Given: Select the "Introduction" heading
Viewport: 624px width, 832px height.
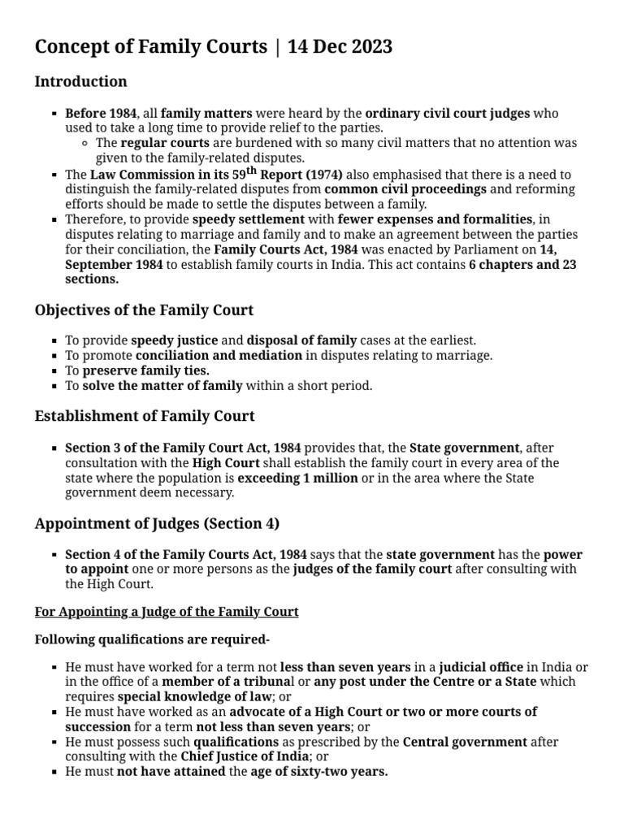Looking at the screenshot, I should point(80,81).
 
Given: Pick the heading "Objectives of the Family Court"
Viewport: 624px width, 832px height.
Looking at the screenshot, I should point(144,310).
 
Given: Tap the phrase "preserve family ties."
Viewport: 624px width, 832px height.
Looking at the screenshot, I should point(146,370).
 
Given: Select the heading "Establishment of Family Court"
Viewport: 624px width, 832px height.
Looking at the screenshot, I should point(145,416).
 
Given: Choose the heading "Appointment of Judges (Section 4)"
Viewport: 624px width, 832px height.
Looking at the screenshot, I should point(158,523).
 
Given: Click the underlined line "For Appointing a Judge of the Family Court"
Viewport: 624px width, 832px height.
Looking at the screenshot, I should point(167,611).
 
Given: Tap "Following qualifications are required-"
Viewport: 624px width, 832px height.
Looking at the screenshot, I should point(152,639).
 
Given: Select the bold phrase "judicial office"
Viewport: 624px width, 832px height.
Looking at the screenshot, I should point(481,667).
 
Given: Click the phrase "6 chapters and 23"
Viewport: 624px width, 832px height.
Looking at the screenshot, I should point(522,265).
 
